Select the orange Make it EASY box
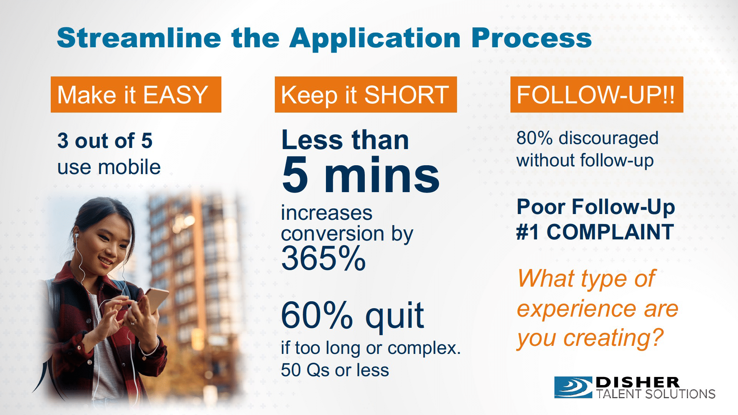pos(136,95)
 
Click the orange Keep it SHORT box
pos(366,95)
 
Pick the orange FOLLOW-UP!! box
pos(597,95)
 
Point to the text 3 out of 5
pos(105,140)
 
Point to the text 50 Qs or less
pos(335,370)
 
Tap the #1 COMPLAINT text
pos(595,232)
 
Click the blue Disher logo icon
pos(573,387)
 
